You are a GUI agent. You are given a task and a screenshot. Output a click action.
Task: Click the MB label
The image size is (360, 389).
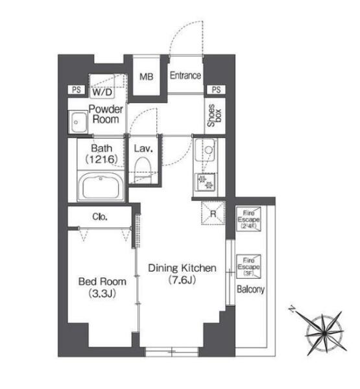[147, 77]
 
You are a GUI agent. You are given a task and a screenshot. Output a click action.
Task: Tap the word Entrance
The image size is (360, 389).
[186, 75]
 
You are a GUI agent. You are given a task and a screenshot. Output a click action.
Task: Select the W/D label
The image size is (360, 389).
[102, 92]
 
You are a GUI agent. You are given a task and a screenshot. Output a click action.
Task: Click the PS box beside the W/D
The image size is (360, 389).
[77, 90]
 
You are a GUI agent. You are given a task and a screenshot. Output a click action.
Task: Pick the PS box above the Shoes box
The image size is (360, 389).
[216, 89]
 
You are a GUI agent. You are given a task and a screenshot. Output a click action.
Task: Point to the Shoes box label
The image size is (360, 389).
[214, 115]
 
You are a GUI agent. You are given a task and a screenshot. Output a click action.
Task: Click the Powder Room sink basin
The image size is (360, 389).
[78, 123]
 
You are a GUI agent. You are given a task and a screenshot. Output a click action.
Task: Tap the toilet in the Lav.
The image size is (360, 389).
[143, 169]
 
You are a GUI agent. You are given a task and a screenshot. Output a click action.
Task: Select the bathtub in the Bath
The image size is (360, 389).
[101, 186]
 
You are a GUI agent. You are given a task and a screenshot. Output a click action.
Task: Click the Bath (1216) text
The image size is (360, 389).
[101, 154]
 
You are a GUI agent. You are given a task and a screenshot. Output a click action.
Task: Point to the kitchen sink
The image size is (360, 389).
[205, 150]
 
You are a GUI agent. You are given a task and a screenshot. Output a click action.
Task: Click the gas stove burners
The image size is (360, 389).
[206, 182]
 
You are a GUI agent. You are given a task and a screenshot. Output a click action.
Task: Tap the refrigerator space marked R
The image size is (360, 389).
[213, 213]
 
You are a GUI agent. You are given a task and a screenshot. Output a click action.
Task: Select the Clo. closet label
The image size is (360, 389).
[100, 217]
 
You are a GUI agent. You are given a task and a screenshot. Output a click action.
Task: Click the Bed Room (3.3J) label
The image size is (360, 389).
[102, 287]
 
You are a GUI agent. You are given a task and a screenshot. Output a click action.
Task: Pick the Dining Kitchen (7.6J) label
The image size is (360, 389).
[182, 274]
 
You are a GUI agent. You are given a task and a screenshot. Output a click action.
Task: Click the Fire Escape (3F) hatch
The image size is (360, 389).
[248, 266]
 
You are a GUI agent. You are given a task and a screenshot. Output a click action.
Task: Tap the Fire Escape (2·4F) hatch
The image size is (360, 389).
[248, 219]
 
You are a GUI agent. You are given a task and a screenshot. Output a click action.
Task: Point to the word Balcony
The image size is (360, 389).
[250, 289]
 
